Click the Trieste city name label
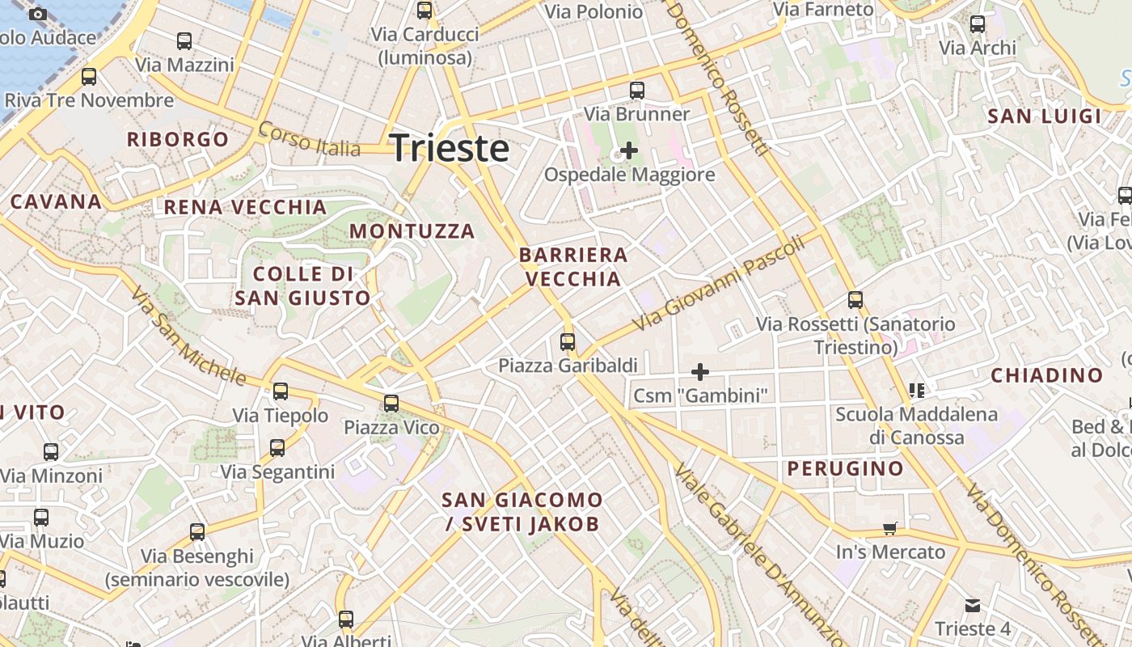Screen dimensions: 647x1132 click(450, 149)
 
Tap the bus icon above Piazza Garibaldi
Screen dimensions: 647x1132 click(568, 342)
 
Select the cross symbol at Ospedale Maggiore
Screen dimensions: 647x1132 click(628, 150)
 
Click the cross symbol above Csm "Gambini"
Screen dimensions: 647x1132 click(700, 372)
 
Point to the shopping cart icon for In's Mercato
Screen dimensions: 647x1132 click(890, 529)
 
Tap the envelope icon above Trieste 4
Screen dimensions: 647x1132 click(973, 605)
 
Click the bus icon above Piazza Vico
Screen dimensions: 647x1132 click(391, 403)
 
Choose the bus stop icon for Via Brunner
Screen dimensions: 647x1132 click(637, 90)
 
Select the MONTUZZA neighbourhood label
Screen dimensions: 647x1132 click(412, 231)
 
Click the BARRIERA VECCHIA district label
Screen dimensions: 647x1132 click(573, 268)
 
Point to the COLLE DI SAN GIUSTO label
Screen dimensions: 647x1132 click(302, 286)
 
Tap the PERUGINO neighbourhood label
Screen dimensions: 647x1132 click(846, 468)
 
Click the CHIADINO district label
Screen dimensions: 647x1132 click(1047, 375)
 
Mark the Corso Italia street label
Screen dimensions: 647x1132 click(309, 140)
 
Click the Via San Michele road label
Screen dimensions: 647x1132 click(188, 336)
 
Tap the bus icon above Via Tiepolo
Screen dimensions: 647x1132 click(281, 391)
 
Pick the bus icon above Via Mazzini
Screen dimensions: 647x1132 click(184, 41)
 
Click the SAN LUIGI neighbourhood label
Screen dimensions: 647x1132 click(1045, 116)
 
